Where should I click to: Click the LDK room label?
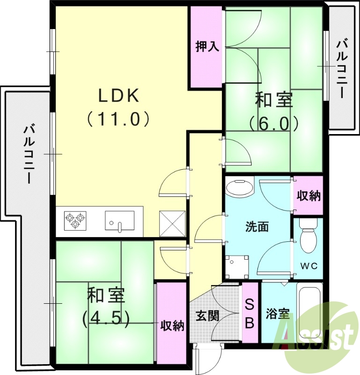point(118,96)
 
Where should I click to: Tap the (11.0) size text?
point(118,119)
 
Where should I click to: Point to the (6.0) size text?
point(274,124)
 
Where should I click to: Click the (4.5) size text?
point(105,319)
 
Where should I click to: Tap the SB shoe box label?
point(250,314)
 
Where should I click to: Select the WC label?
point(309,266)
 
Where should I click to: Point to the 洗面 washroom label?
point(257,226)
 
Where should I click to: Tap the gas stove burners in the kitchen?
point(75,220)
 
